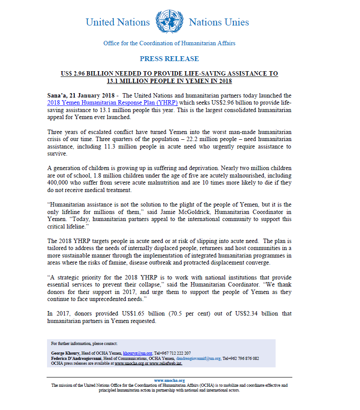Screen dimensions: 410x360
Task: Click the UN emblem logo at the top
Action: click(169, 22)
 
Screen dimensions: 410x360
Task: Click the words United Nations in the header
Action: click(117, 22)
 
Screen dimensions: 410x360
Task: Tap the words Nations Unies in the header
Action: click(219, 22)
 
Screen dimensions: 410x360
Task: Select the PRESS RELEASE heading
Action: click(169, 59)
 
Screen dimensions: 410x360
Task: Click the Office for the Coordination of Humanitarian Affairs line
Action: click(169, 43)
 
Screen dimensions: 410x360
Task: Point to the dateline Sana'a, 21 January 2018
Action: click(81, 95)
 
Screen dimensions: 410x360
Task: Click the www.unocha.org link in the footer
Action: click(169, 381)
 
